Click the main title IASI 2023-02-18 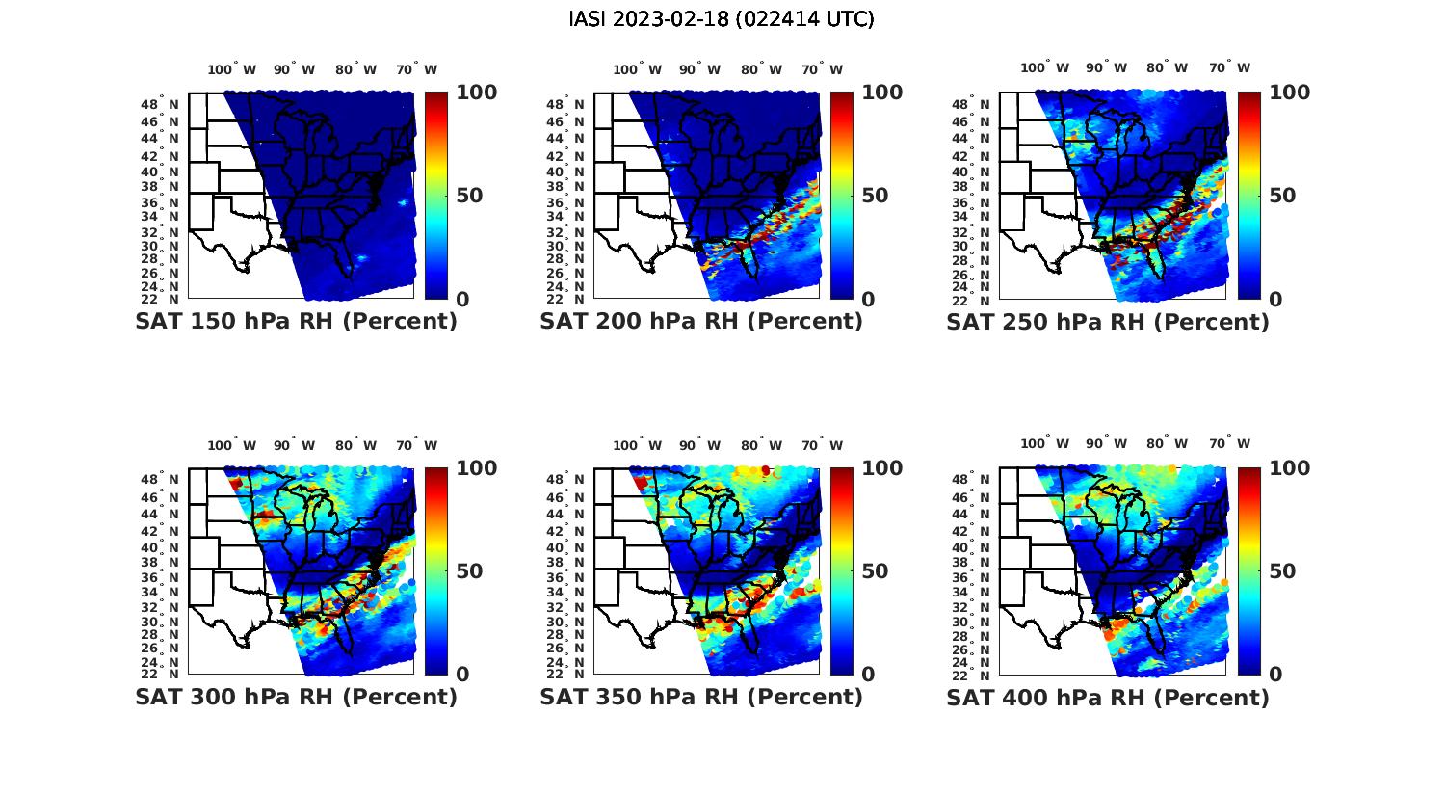tap(722, 19)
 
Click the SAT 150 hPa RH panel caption tap(296, 322)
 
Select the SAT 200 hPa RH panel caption tap(701, 322)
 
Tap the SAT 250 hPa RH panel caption tap(1108, 322)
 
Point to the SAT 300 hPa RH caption tap(296, 697)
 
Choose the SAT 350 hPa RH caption tap(701, 697)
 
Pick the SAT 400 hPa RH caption tap(1108, 697)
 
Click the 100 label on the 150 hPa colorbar tap(476, 93)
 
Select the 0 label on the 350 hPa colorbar tap(868, 675)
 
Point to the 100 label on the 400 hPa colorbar tap(1289, 468)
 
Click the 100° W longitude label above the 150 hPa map tap(232, 69)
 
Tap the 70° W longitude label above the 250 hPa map tap(1229, 67)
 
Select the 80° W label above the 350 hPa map tap(761, 445)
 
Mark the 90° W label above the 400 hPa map tap(1105, 443)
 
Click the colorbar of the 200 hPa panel tap(841, 196)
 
